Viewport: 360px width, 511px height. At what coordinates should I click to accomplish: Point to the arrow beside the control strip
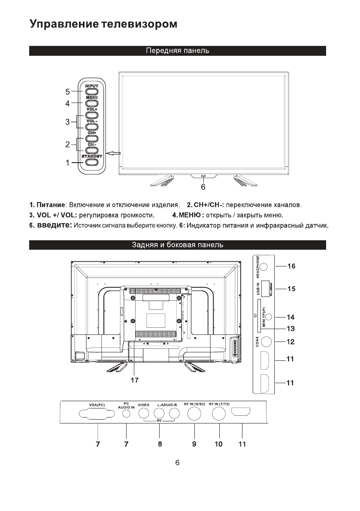[x=114, y=153]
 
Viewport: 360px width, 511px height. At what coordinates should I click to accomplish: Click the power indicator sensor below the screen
[x=203, y=176]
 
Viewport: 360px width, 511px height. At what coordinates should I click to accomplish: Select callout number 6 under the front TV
[x=203, y=187]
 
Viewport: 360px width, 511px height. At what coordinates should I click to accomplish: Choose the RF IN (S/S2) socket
[x=194, y=414]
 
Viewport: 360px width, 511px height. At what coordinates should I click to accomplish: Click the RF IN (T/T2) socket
[x=219, y=414]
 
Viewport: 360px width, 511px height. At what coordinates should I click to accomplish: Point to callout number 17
[x=135, y=380]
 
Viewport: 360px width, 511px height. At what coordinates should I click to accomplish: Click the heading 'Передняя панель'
[x=178, y=51]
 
